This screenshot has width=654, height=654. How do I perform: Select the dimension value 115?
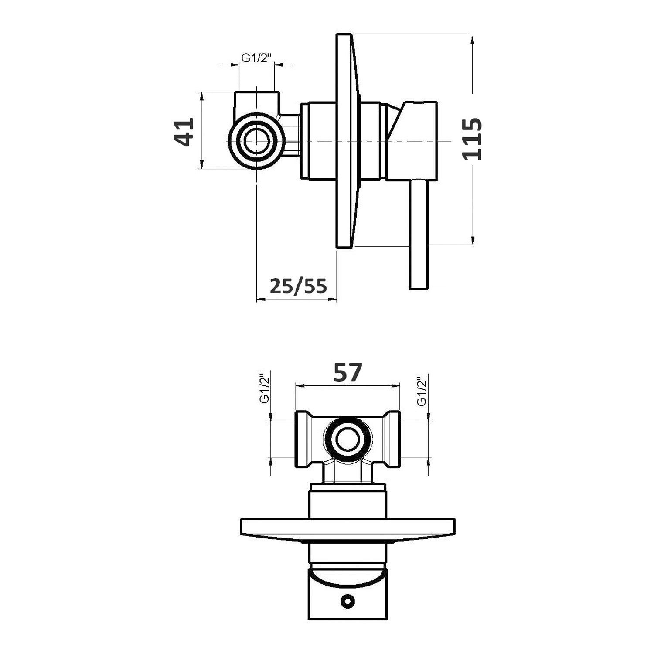[x=473, y=139]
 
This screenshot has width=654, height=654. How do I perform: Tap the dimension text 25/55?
[x=298, y=286]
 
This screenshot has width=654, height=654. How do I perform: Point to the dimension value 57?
[x=347, y=373]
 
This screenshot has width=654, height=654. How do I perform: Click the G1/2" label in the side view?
[x=256, y=58]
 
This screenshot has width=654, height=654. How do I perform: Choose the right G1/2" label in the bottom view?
[x=422, y=392]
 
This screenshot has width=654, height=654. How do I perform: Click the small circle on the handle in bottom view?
[x=347, y=602]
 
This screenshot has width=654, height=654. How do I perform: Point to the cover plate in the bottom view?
[x=347, y=528]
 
